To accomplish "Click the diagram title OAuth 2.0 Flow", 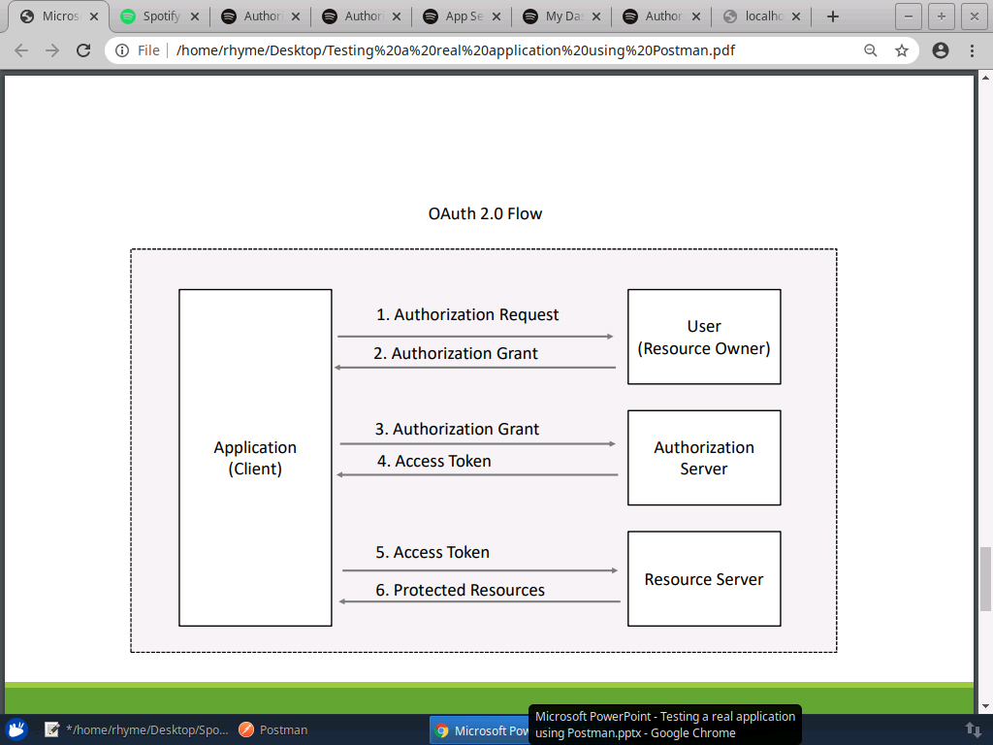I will (485, 213).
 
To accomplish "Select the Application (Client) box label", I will (255, 458).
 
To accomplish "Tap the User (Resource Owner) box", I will (704, 337).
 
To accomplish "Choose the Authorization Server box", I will (704, 458).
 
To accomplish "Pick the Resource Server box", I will (704, 579).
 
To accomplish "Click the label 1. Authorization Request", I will (467, 314).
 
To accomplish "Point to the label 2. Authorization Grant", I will (456, 353).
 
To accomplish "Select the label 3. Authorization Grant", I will (457, 429).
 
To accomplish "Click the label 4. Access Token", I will (433, 461).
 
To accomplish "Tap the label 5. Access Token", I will (432, 552).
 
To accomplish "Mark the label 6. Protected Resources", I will (460, 590).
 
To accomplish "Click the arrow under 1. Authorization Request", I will (475, 337).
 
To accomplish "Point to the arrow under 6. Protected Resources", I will (480, 602).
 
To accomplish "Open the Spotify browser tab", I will (160, 16).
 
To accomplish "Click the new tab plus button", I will (832, 16).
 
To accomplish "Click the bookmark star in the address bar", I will (902, 50).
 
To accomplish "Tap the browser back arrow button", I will (21, 50).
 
